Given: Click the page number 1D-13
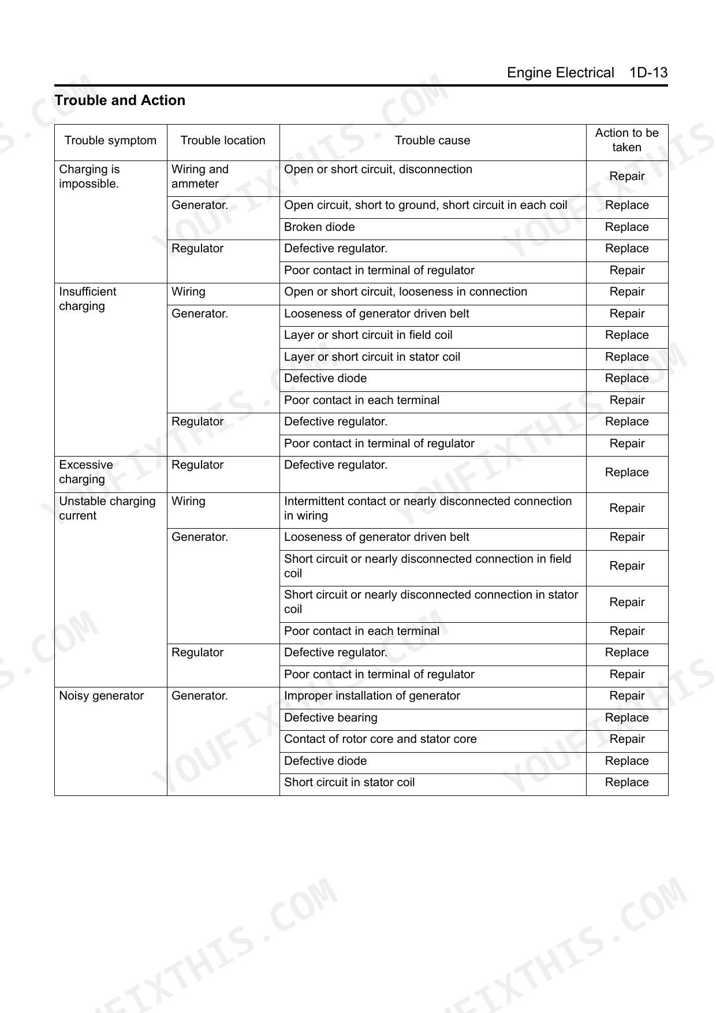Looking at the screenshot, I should pos(648,73).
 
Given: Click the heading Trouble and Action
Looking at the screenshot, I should pos(120,100).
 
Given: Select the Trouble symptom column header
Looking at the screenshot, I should pos(110,140).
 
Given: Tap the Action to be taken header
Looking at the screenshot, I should pos(626,140).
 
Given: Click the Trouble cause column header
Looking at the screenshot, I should pos(432,140).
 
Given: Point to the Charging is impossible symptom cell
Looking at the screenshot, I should pos(89,177).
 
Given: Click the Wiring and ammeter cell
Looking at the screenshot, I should pos(200,177).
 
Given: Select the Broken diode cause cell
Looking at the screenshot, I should pos(319,227).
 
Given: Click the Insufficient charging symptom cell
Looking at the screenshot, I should pos(87,299).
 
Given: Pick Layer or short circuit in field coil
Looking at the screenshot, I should pos(368,335).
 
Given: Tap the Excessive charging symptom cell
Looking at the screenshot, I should pos(86,472).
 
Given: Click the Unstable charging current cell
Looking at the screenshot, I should pos(107,509).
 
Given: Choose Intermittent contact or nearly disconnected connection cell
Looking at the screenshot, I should pos(427,509).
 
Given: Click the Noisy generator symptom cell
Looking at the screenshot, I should pos(101,696).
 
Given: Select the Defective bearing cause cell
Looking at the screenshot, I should pos(330,718).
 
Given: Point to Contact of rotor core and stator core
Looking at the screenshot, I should pos(380,739).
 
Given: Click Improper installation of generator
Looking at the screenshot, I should pos(372,696).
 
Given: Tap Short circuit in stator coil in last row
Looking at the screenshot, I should pos(349,783).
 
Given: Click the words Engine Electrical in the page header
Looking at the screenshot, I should pos(560,73).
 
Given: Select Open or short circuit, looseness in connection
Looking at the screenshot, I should pos(405,292).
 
